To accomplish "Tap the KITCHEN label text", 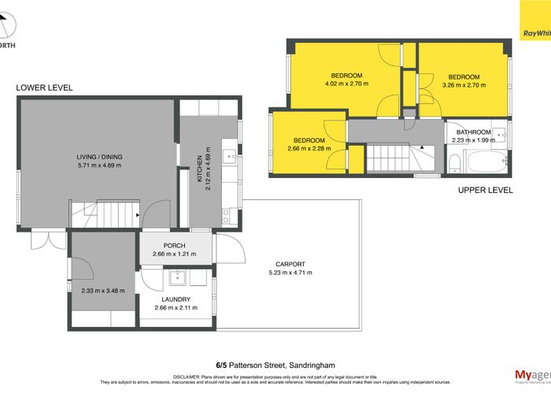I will point(200,165).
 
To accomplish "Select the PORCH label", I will point(174,246).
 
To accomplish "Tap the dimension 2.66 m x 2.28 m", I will point(309,148).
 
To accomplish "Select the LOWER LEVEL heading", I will point(44,88).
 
